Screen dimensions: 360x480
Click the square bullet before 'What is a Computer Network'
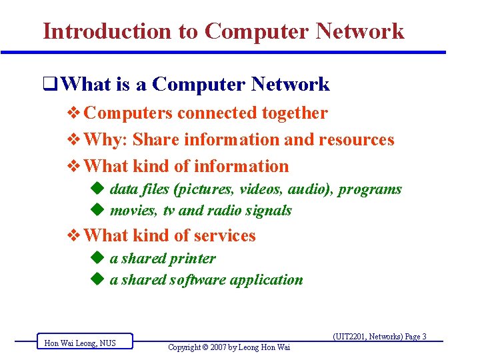click(x=48, y=85)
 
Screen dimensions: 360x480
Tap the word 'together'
click(x=295, y=113)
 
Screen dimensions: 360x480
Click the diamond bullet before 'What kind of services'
click(x=75, y=236)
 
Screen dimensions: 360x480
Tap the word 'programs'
click(x=370, y=189)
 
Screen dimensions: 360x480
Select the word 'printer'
click(x=192, y=259)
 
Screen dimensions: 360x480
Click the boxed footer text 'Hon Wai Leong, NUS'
click(x=80, y=343)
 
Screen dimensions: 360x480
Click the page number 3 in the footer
click(x=424, y=337)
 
